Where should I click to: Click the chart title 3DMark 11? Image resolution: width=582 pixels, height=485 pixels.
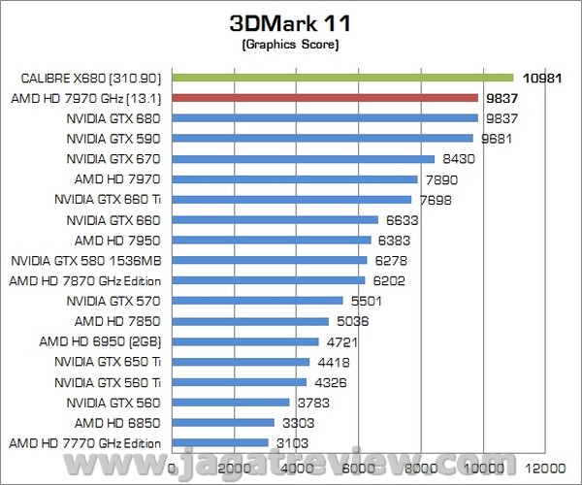point(290,21)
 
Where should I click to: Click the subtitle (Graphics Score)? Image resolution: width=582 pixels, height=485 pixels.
point(290,44)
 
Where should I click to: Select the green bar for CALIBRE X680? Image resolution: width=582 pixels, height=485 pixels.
point(342,78)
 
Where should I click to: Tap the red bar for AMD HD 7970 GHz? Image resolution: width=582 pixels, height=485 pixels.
point(325,98)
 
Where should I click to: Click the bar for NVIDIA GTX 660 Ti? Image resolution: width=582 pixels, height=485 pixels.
point(292,199)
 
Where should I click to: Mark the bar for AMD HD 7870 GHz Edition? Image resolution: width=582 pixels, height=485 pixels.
point(269,280)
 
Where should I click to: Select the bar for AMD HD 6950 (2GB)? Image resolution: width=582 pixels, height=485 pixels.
point(245,341)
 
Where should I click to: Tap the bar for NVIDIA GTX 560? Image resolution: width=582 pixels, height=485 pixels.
point(231,402)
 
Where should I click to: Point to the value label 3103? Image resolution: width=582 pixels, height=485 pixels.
point(294,442)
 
